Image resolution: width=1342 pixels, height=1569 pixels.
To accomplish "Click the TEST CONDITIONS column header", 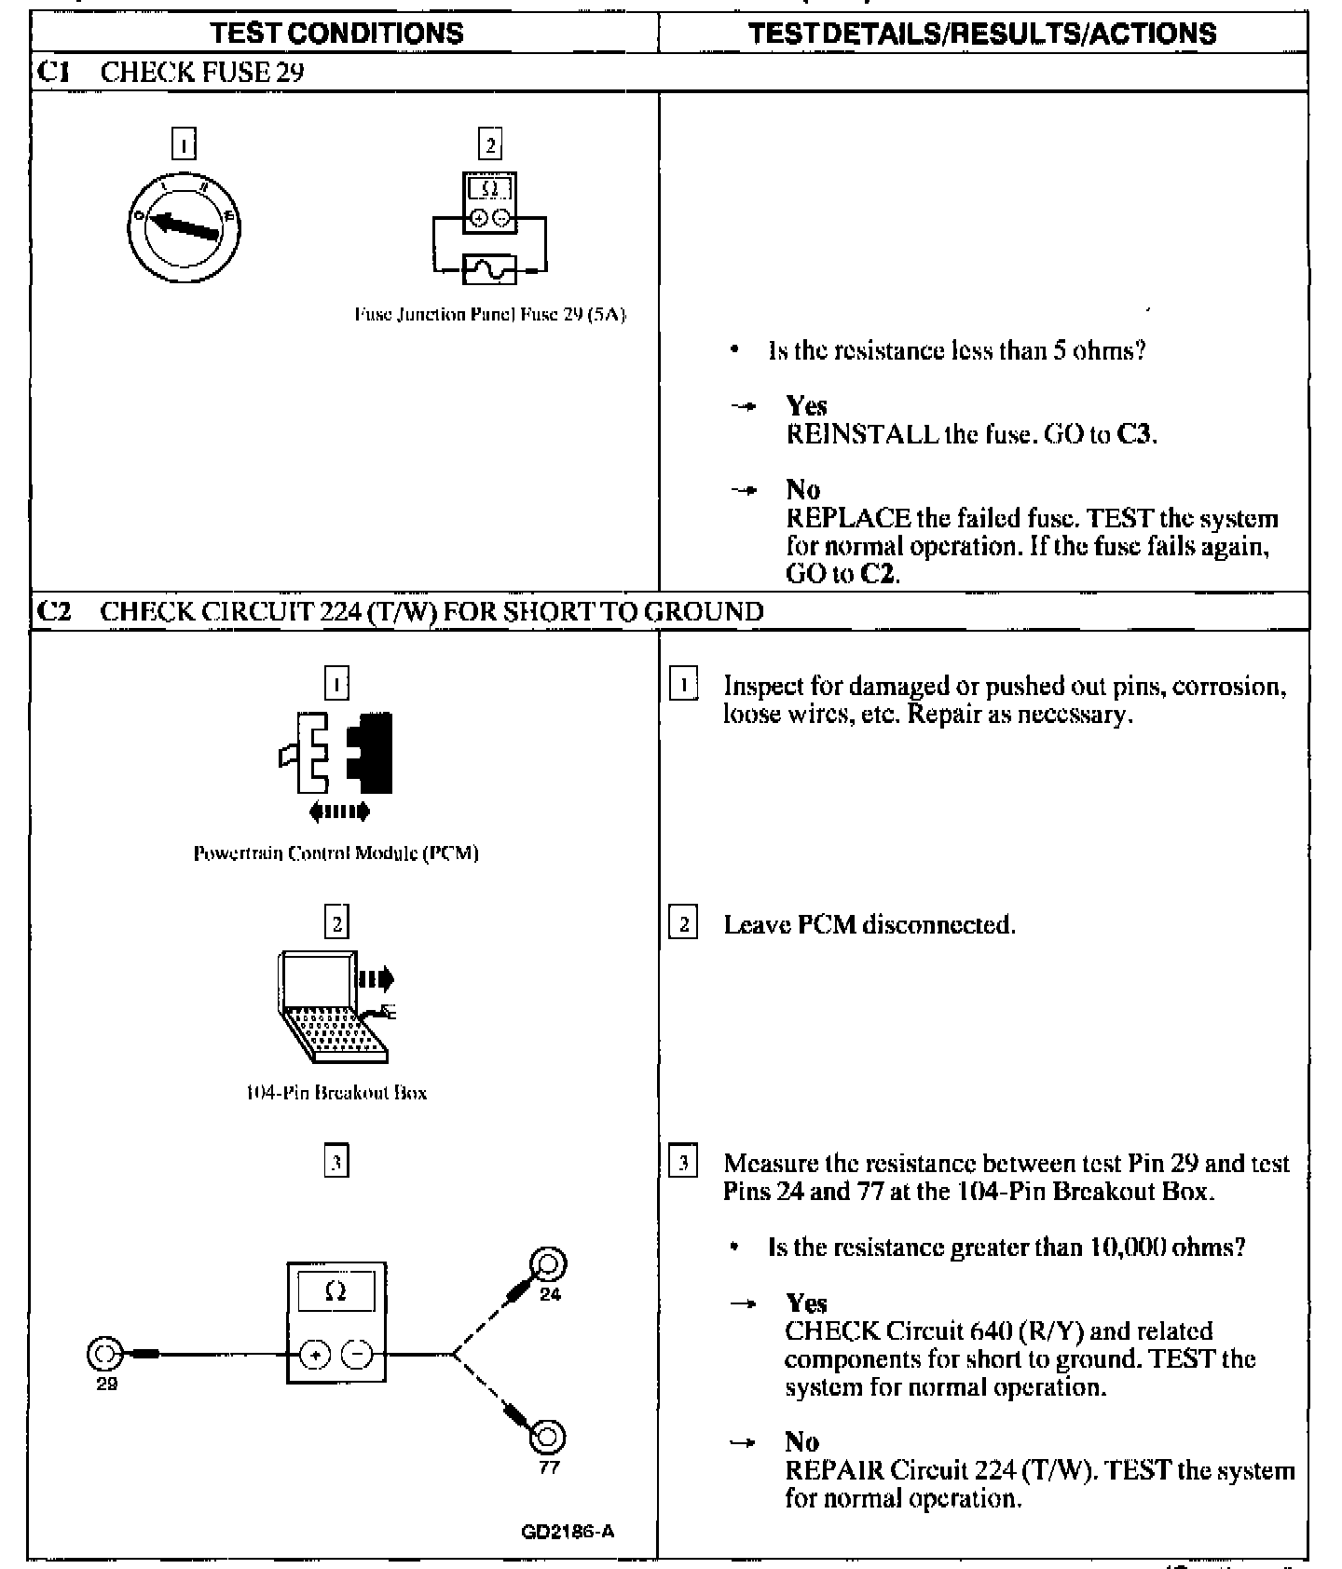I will pyautogui.click(x=336, y=34).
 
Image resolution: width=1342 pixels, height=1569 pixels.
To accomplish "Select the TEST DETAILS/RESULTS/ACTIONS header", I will pyautogui.click(x=982, y=34).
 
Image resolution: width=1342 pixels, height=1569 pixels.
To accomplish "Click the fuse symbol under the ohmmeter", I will pyautogui.click(x=489, y=269).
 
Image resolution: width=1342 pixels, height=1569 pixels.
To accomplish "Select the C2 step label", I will pyautogui.click(x=53, y=612).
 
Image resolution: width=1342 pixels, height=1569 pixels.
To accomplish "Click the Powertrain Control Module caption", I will pyautogui.click(x=335, y=853).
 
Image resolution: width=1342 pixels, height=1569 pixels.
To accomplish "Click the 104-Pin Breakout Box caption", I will pyautogui.click(x=335, y=1093).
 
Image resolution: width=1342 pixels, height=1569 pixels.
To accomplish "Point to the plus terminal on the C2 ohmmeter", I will pyautogui.click(x=315, y=1355).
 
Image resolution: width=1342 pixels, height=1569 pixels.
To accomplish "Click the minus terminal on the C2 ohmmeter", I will pyautogui.click(x=356, y=1355).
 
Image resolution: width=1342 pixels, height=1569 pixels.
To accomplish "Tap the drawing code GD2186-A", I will pyautogui.click(x=568, y=1532).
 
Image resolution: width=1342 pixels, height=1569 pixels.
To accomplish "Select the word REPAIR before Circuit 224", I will pyautogui.click(x=834, y=1470).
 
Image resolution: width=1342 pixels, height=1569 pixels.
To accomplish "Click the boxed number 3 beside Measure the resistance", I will pyautogui.click(x=683, y=1163).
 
